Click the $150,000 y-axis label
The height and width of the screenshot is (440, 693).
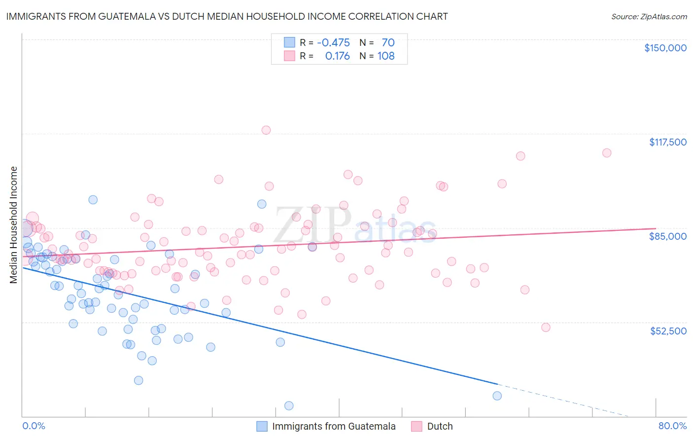[x=665, y=48]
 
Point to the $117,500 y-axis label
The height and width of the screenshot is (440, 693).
[x=667, y=142]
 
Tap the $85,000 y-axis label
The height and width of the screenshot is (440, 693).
[x=667, y=236]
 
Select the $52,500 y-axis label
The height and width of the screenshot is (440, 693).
[x=668, y=331]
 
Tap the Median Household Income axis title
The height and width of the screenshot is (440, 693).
[x=14, y=225]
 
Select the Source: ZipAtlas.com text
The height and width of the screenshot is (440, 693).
[x=649, y=16]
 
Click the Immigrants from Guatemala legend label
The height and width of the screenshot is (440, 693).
[x=334, y=427]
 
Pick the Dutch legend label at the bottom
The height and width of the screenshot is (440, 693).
[x=440, y=427]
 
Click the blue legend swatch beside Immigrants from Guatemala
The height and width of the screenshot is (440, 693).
[x=262, y=427]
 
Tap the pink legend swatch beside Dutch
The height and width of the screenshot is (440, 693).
[x=417, y=427]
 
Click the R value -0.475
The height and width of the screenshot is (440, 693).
[x=333, y=43]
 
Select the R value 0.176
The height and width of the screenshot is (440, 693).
[x=337, y=56]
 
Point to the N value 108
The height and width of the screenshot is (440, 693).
[x=386, y=56]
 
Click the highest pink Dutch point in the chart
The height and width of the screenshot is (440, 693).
[x=266, y=130]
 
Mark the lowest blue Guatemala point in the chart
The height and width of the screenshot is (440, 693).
[x=289, y=405]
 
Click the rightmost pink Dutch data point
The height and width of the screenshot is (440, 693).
[x=607, y=153]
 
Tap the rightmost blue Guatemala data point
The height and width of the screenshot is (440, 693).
[x=497, y=396]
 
